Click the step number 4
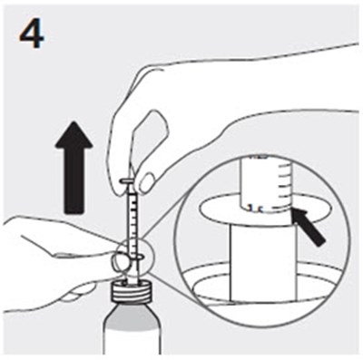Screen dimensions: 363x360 click(32, 34)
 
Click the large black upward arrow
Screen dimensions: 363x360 click(74, 167)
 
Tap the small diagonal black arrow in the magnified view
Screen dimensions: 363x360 click(309, 227)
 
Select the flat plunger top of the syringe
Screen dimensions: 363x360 click(128, 180)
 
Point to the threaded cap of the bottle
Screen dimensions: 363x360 click(132, 290)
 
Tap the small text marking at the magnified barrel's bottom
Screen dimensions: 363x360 click(254, 208)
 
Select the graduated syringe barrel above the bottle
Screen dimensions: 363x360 click(132, 220)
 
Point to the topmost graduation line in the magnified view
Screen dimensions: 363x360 click(285, 166)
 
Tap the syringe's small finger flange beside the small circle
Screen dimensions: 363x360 click(139, 257)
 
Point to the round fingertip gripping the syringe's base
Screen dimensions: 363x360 click(121, 261)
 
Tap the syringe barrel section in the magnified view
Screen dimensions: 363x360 click(267, 183)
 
